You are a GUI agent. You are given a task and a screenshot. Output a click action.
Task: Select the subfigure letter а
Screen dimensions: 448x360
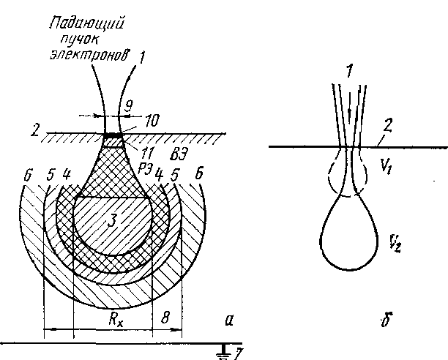point(230,319)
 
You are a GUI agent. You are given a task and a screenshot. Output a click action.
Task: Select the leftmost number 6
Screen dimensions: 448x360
point(27,176)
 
